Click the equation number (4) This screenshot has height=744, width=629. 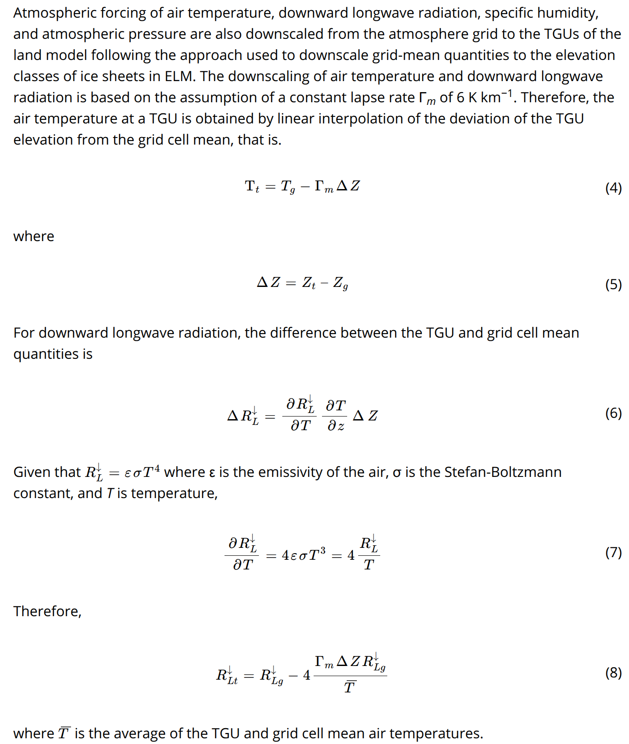tap(613, 188)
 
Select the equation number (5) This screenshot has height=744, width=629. tap(613, 285)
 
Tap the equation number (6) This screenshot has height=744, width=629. tap(613, 413)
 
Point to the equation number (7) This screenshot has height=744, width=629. tap(613, 552)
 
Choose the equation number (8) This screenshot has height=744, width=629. tap(613, 673)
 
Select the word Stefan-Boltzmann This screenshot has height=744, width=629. tap(503, 472)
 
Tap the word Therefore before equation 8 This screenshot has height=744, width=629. tap(47, 611)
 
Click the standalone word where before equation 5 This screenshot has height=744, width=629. tap(34, 236)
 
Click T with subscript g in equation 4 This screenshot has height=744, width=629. tap(288, 187)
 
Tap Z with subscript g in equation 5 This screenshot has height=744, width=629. tap(340, 283)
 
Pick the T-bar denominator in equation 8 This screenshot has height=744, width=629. tap(350, 687)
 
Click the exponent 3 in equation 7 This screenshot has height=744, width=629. tap(323, 551)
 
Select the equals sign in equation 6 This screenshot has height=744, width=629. tap(270, 416)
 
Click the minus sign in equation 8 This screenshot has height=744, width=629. tap(293, 676)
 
